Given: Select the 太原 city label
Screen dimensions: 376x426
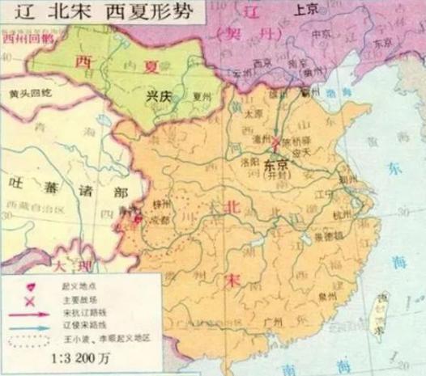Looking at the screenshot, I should (x=254, y=115).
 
